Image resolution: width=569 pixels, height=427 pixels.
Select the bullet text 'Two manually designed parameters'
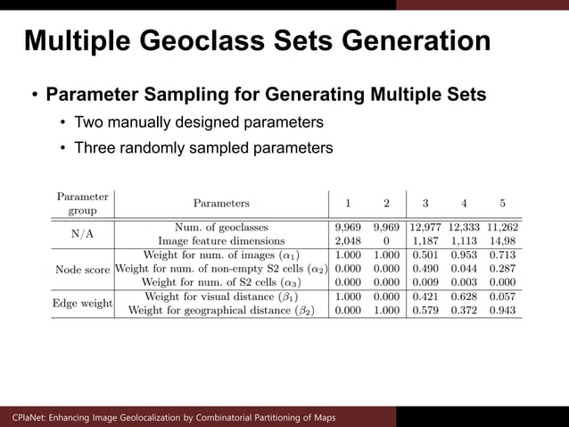[198, 121]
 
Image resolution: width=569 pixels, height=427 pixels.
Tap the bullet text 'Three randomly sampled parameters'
[203, 147]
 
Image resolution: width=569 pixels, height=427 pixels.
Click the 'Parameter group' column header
[82, 203]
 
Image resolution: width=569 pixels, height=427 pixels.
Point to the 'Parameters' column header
[221, 203]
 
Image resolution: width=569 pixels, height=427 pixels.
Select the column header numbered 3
[425, 203]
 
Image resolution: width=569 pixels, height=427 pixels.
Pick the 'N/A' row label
[83, 234]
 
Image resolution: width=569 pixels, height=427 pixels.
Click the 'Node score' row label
[83, 269]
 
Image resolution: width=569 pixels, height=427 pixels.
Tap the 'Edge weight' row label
[83, 304]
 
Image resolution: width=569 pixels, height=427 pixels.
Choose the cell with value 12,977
[425, 227]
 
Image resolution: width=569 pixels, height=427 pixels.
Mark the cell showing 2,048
[347, 240]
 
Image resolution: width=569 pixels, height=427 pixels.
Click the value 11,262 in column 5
[502, 227]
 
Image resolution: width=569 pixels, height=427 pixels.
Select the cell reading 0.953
[464, 255]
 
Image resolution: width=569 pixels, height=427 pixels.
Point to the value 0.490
[425, 269]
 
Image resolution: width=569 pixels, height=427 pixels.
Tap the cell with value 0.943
[502, 310]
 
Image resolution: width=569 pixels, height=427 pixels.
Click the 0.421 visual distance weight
[425, 297]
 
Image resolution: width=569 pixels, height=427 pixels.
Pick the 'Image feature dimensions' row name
[221, 240]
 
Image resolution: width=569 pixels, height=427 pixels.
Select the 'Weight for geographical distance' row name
[221, 310]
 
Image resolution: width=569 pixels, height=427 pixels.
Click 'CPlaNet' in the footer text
[30, 417]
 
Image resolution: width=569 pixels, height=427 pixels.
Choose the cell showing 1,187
[425, 240]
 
